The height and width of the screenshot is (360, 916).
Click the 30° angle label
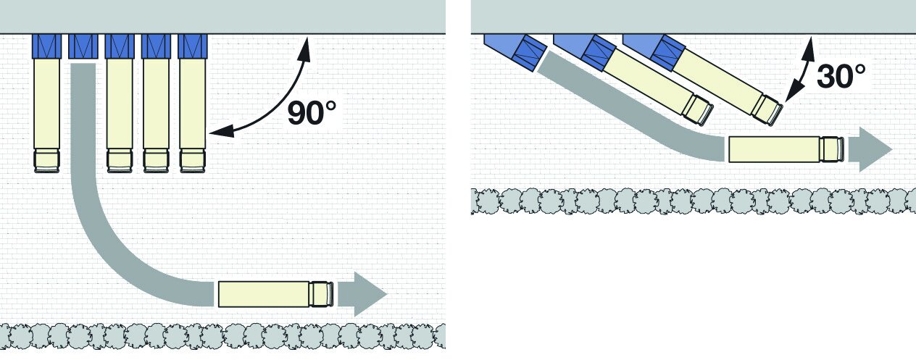click(841, 76)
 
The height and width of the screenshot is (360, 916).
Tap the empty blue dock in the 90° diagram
click(83, 46)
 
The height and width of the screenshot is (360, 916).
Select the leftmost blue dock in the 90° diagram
click(46, 46)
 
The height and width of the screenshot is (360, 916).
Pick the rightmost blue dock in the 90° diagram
click(192, 46)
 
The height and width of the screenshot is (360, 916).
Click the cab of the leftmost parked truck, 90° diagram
click(46, 160)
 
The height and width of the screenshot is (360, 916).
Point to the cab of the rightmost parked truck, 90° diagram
click(192, 160)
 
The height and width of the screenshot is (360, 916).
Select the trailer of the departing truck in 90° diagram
click(263, 293)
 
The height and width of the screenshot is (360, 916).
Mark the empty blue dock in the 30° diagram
click(527, 53)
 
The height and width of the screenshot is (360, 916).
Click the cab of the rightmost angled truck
click(767, 108)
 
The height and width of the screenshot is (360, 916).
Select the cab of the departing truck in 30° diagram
click(832, 149)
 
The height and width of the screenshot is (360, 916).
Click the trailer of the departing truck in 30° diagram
click(773, 149)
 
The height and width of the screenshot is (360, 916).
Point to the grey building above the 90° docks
click(217, 16)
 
